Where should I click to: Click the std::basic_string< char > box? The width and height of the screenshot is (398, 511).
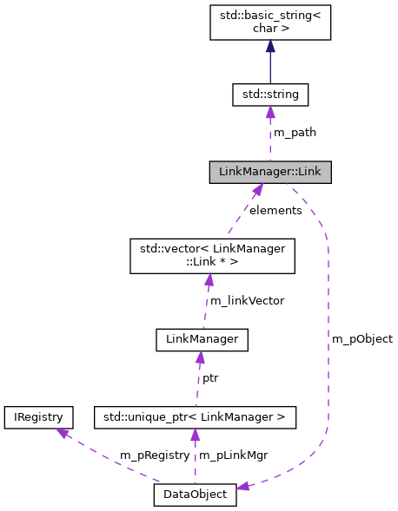coord(269,22)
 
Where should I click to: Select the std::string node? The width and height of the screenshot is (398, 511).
coord(269,94)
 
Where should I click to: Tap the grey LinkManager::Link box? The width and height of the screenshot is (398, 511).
coord(269,172)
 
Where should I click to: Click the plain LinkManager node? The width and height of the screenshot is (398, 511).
coord(202,339)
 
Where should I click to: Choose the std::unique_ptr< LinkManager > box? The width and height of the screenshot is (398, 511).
coord(196,417)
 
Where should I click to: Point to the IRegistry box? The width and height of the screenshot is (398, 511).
coord(34,417)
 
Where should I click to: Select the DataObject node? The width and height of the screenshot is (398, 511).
coord(195,495)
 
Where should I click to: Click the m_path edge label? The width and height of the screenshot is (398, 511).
coord(295,133)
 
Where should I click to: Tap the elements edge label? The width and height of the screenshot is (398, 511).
coord(275,210)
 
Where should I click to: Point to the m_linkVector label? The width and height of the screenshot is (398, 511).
coord(247,300)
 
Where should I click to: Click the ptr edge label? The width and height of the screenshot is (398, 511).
coord(210,378)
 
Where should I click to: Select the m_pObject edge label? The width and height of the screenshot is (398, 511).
coord(362,338)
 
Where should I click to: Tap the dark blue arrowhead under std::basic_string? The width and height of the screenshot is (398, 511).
coord(269,47)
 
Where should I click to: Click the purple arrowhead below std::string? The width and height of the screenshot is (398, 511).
coord(269,112)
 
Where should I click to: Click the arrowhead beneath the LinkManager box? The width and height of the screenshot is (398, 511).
coord(200,357)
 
